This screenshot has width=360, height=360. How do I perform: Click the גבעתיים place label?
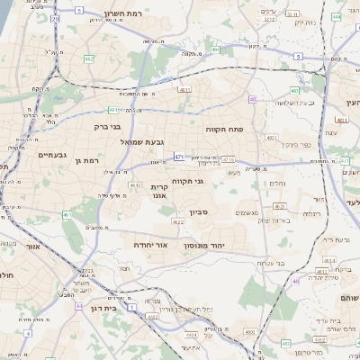[x=53, y=155]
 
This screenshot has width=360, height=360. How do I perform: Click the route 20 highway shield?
[x=55, y=17]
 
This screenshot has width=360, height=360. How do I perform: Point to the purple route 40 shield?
[x=253, y=99]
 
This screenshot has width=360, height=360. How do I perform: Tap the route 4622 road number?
[x=178, y=221]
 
